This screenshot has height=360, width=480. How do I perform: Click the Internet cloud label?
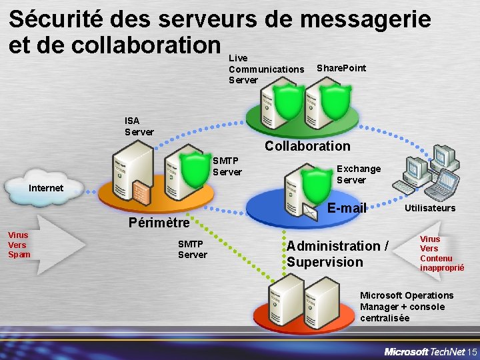[46, 188]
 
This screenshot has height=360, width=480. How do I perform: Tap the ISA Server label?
[139, 126]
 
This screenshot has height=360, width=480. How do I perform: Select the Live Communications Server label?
[265, 69]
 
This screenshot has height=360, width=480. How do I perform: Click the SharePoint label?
[341, 68]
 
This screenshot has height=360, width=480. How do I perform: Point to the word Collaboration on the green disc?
[307, 146]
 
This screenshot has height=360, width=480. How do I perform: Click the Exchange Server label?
[358, 174]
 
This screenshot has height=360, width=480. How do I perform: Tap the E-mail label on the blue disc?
[347, 209]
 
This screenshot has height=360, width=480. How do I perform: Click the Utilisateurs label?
[430, 208]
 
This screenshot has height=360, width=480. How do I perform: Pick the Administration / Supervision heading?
[337, 254]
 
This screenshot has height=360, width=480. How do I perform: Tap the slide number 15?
[472, 351]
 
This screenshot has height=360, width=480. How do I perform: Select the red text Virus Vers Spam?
[19, 245]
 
